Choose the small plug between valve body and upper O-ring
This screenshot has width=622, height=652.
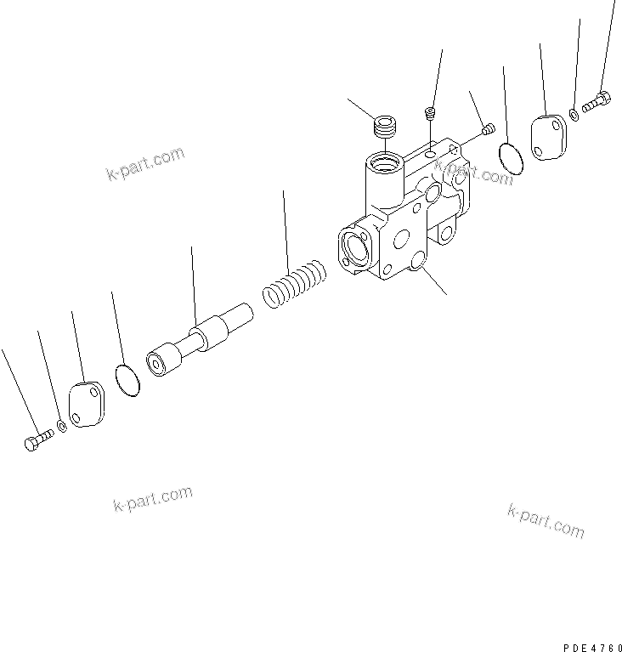[489, 129]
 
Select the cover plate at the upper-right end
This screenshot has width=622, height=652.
[548, 135]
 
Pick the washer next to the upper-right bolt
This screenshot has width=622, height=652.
[575, 114]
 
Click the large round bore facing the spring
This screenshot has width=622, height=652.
[354, 248]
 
